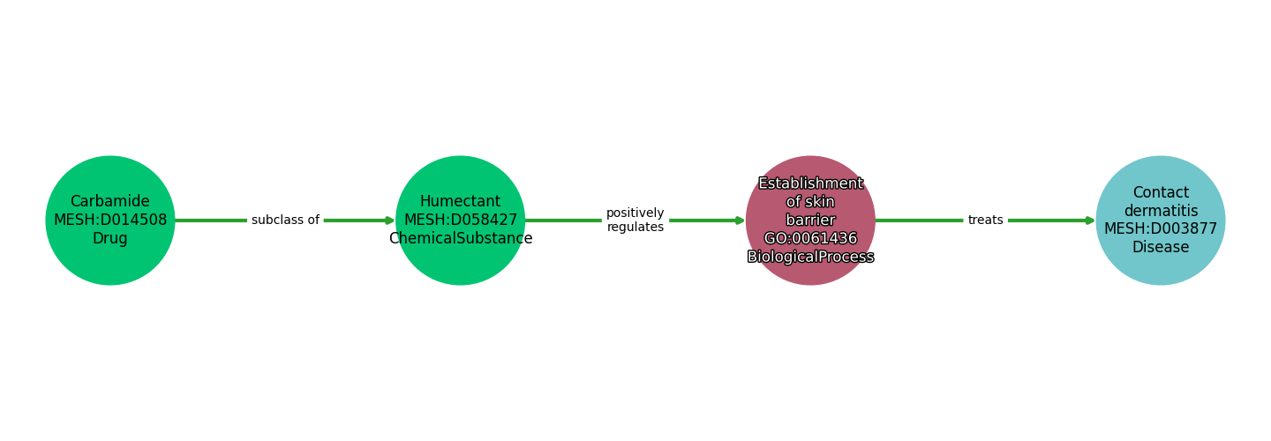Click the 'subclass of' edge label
[x=285, y=220]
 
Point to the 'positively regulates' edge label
[x=635, y=220]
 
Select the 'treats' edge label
[x=985, y=220]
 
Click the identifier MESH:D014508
[x=110, y=220]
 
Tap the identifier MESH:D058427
[x=460, y=220]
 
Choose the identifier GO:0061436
[x=810, y=239]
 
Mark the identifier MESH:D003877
[x=1160, y=229]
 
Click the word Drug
[x=110, y=239]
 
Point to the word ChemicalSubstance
[x=460, y=239]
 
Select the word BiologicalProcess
[x=810, y=257]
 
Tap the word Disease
[x=1160, y=248]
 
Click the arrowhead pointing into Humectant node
[x=390, y=220]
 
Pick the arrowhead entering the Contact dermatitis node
[x=1090, y=220]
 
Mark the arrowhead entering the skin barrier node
[x=741, y=220]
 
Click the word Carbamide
[x=110, y=202]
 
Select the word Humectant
[x=460, y=202]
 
